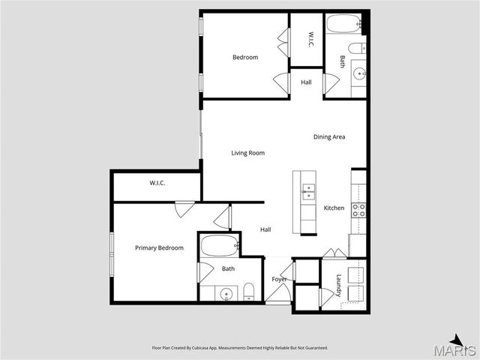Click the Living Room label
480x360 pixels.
coord(247,153)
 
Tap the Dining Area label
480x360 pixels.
coord(329,136)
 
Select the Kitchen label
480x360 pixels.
coord(334,208)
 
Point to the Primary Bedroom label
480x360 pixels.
coord(159,247)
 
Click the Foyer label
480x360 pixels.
coord(279,280)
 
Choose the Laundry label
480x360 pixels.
coord(339,285)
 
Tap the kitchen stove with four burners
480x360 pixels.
coord(358,210)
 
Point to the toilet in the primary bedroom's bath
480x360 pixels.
coord(249,292)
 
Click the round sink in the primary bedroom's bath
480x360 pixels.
coord(226,293)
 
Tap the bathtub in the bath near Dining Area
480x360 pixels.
coord(344,23)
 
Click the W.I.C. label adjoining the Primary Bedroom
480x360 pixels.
coord(157,183)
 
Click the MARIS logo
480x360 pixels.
coord(458,348)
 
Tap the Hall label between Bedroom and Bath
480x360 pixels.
coord(306,82)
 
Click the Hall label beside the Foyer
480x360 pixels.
coord(265,229)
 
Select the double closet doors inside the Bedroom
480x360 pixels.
coord(283,42)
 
